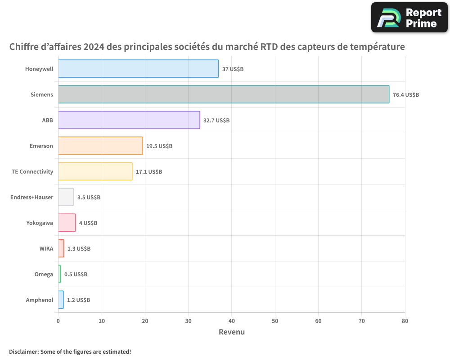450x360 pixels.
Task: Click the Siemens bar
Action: coord(224,94)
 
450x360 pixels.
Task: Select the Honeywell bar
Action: coord(138,68)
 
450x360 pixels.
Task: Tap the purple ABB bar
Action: coord(129,120)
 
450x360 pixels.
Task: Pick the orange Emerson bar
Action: coord(100,145)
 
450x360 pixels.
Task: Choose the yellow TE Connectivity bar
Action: coord(95,171)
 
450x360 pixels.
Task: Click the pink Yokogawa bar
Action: coord(67,222)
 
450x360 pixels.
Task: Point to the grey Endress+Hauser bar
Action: coord(66,197)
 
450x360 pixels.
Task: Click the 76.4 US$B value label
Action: coord(406,95)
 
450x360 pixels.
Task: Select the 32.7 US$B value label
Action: coord(216,120)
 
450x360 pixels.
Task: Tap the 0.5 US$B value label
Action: coord(76,274)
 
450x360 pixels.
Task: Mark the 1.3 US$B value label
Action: coord(79,248)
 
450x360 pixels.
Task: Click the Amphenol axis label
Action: coord(40,300)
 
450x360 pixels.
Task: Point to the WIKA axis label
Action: coord(46,248)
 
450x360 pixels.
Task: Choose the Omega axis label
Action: coord(44,274)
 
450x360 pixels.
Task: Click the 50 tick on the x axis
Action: coord(275,321)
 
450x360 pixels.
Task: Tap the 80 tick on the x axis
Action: coord(405,321)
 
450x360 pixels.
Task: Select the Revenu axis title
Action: coord(232,332)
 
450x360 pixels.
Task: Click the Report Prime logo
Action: coord(409,18)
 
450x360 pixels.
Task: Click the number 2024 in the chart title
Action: coord(94,46)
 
